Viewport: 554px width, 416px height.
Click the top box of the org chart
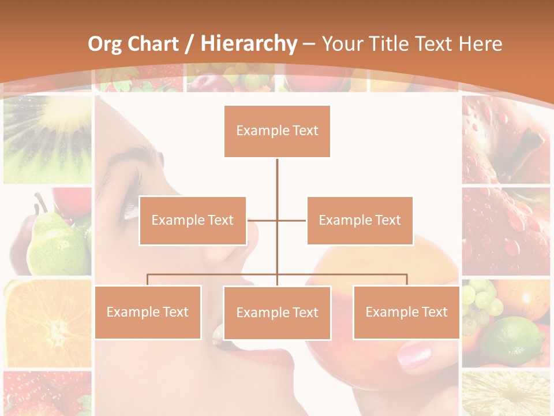(277, 131)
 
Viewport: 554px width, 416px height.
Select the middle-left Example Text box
(192, 220)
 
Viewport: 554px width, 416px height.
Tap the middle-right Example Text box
(360, 220)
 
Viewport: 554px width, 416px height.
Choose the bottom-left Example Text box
(148, 312)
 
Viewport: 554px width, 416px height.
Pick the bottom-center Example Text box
(277, 313)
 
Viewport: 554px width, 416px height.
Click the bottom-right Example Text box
(406, 312)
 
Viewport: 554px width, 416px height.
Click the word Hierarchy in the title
(249, 44)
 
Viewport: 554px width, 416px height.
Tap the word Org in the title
(104, 44)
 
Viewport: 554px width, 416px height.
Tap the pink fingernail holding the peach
(414, 354)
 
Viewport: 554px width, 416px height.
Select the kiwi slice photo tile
(47, 139)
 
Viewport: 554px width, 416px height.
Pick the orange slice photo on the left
(47, 323)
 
